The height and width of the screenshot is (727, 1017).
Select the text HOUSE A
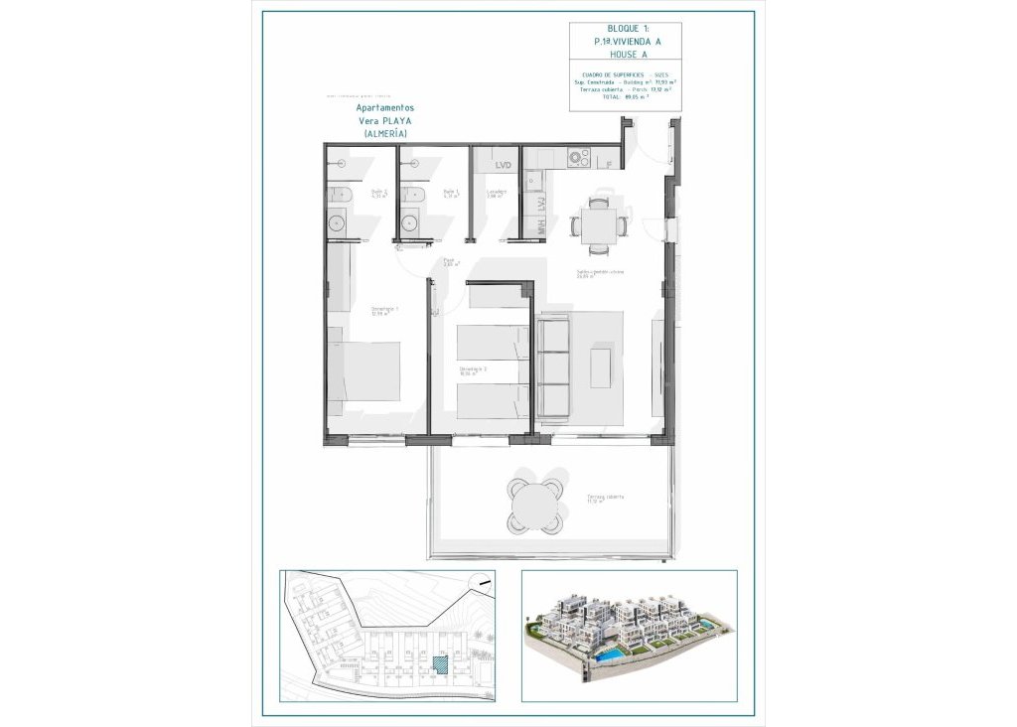pyautogui.click(x=625, y=56)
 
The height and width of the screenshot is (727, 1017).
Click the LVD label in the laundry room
pyautogui.click(x=503, y=165)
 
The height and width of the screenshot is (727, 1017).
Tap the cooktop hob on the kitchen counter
pyautogui.click(x=576, y=158)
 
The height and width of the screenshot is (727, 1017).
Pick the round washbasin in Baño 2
pyautogui.click(x=336, y=221)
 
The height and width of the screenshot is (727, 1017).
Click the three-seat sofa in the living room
pyautogui.click(x=552, y=366)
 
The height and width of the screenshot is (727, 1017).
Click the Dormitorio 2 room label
pyautogui.click(x=473, y=370)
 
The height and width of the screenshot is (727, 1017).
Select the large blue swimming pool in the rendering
pyautogui.click(x=609, y=657)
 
